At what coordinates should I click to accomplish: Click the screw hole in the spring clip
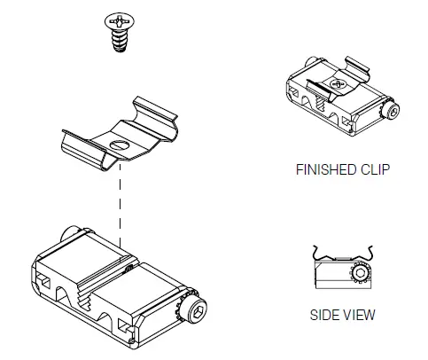[x=117, y=144]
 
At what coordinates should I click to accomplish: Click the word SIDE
[x=324, y=315]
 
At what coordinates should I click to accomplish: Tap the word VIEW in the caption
[x=358, y=315]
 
